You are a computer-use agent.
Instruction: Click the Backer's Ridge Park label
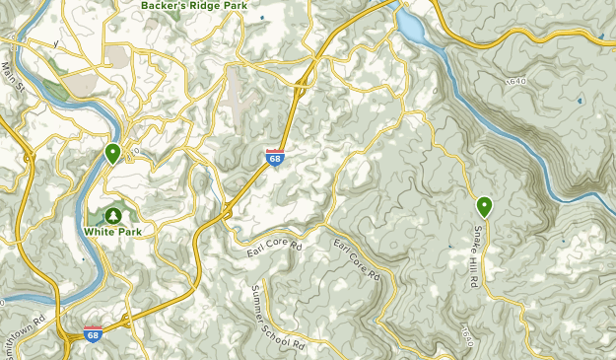pyautogui.click(x=193, y=5)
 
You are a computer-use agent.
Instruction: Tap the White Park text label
pyautogui.click(x=113, y=232)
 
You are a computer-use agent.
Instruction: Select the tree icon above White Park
pyautogui.click(x=113, y=214)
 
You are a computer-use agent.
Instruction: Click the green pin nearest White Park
pyautogui.click(x=113, y=153)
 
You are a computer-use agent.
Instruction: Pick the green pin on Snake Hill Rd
pyautogui.click(x=484, y=206)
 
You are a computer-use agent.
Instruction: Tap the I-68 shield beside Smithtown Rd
pyautogui.click(x=94, y=334)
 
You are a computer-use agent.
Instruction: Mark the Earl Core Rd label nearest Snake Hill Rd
pyautogui.click(x=356, y=259)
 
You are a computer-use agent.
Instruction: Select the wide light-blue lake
pyautogui.click(x=411, y=28)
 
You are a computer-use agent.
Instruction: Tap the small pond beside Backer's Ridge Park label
pyautogui.click(x=261, y=18)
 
